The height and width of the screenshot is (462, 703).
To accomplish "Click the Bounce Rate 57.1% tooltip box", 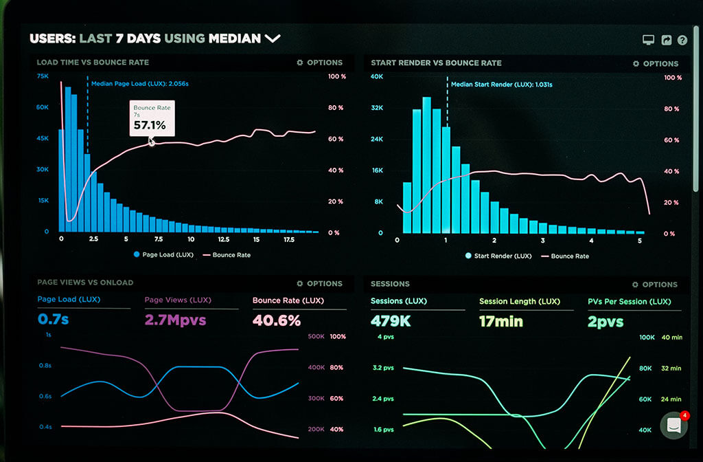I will tap(152, 118).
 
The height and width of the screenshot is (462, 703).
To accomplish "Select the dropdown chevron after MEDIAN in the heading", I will tap(273, 38).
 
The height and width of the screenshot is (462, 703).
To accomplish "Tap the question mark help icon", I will tap(682, 40).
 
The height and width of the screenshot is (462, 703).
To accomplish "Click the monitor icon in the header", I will tap(648, 40).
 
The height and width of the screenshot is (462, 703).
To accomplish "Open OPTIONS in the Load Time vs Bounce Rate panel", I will tap(319, 63).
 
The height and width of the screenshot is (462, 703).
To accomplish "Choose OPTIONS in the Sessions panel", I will tap(656, 284).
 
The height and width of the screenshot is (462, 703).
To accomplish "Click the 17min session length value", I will tap(500, 321).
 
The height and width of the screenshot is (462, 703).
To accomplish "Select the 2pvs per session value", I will tap(606, 321).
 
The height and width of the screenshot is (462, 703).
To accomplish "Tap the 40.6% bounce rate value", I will tap(277, 320).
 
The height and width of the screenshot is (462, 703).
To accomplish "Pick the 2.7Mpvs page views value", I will tap(175, 320).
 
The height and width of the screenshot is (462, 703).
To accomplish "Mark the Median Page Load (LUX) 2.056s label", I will tap(140, 84).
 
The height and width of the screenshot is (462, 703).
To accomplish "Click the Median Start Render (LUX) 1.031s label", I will tap(501, 85).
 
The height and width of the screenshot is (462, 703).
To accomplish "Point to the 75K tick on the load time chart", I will tap(43, 76).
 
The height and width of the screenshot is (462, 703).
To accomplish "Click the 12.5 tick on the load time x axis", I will tap(223, 240).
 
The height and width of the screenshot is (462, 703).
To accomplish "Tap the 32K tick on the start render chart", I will tap(376, 108).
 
